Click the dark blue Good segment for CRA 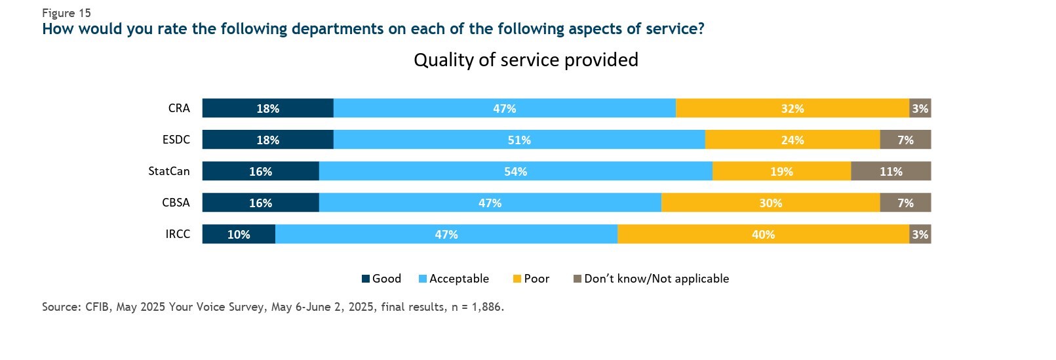(x=267, y=108)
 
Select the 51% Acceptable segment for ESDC (x=518, y=140)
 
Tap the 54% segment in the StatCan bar (x=515, y=171)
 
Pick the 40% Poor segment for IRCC (x=763, y=234)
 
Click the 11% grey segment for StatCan (x=891, y=171)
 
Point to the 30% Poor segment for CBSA (x=770, y=203)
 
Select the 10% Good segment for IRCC (x=239, y=234)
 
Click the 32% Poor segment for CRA (x=792, y=108)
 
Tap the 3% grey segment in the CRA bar (x=920, y=108)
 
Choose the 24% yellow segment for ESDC (x=792, y=140)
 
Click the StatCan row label (x=169, y=171)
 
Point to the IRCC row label (x=178, y=234)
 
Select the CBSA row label (x=176, y=203)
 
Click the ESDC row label (x=176, y=140)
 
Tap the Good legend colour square (x=366, y=279)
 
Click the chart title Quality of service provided (x=526, y=60)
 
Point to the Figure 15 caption (x=66, y=13)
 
